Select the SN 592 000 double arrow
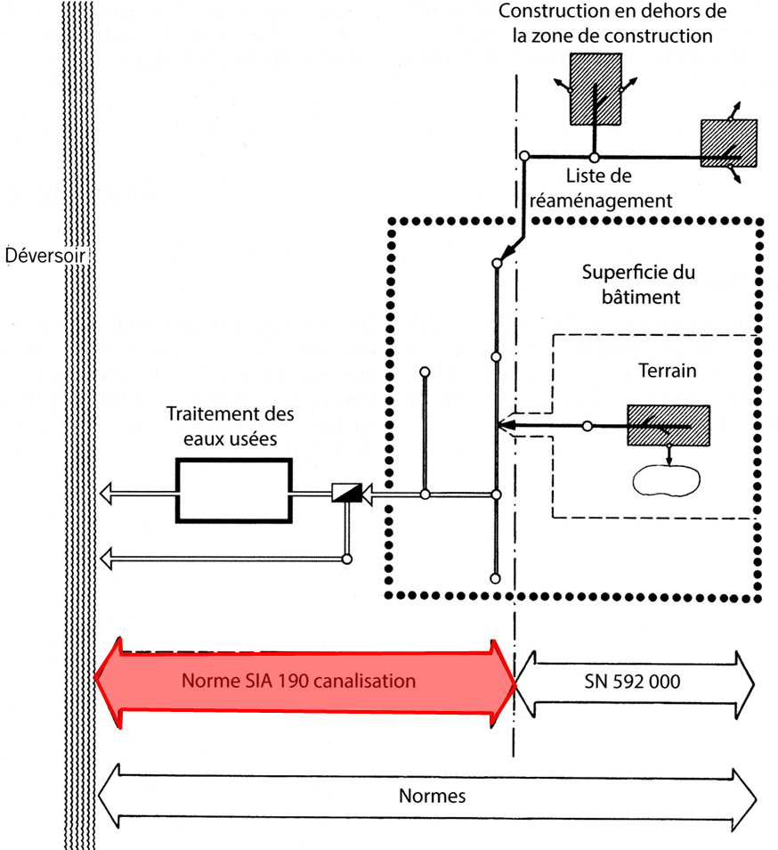636,683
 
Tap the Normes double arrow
427,795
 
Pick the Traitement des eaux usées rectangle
233,491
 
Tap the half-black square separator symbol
344,493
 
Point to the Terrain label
667,370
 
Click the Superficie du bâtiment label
637,284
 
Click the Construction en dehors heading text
612,24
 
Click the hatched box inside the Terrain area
668,427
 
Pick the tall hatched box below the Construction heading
594,88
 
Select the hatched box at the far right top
728,143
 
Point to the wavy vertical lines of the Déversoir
79,535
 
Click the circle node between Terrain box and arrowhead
586,427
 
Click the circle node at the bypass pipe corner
346,559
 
